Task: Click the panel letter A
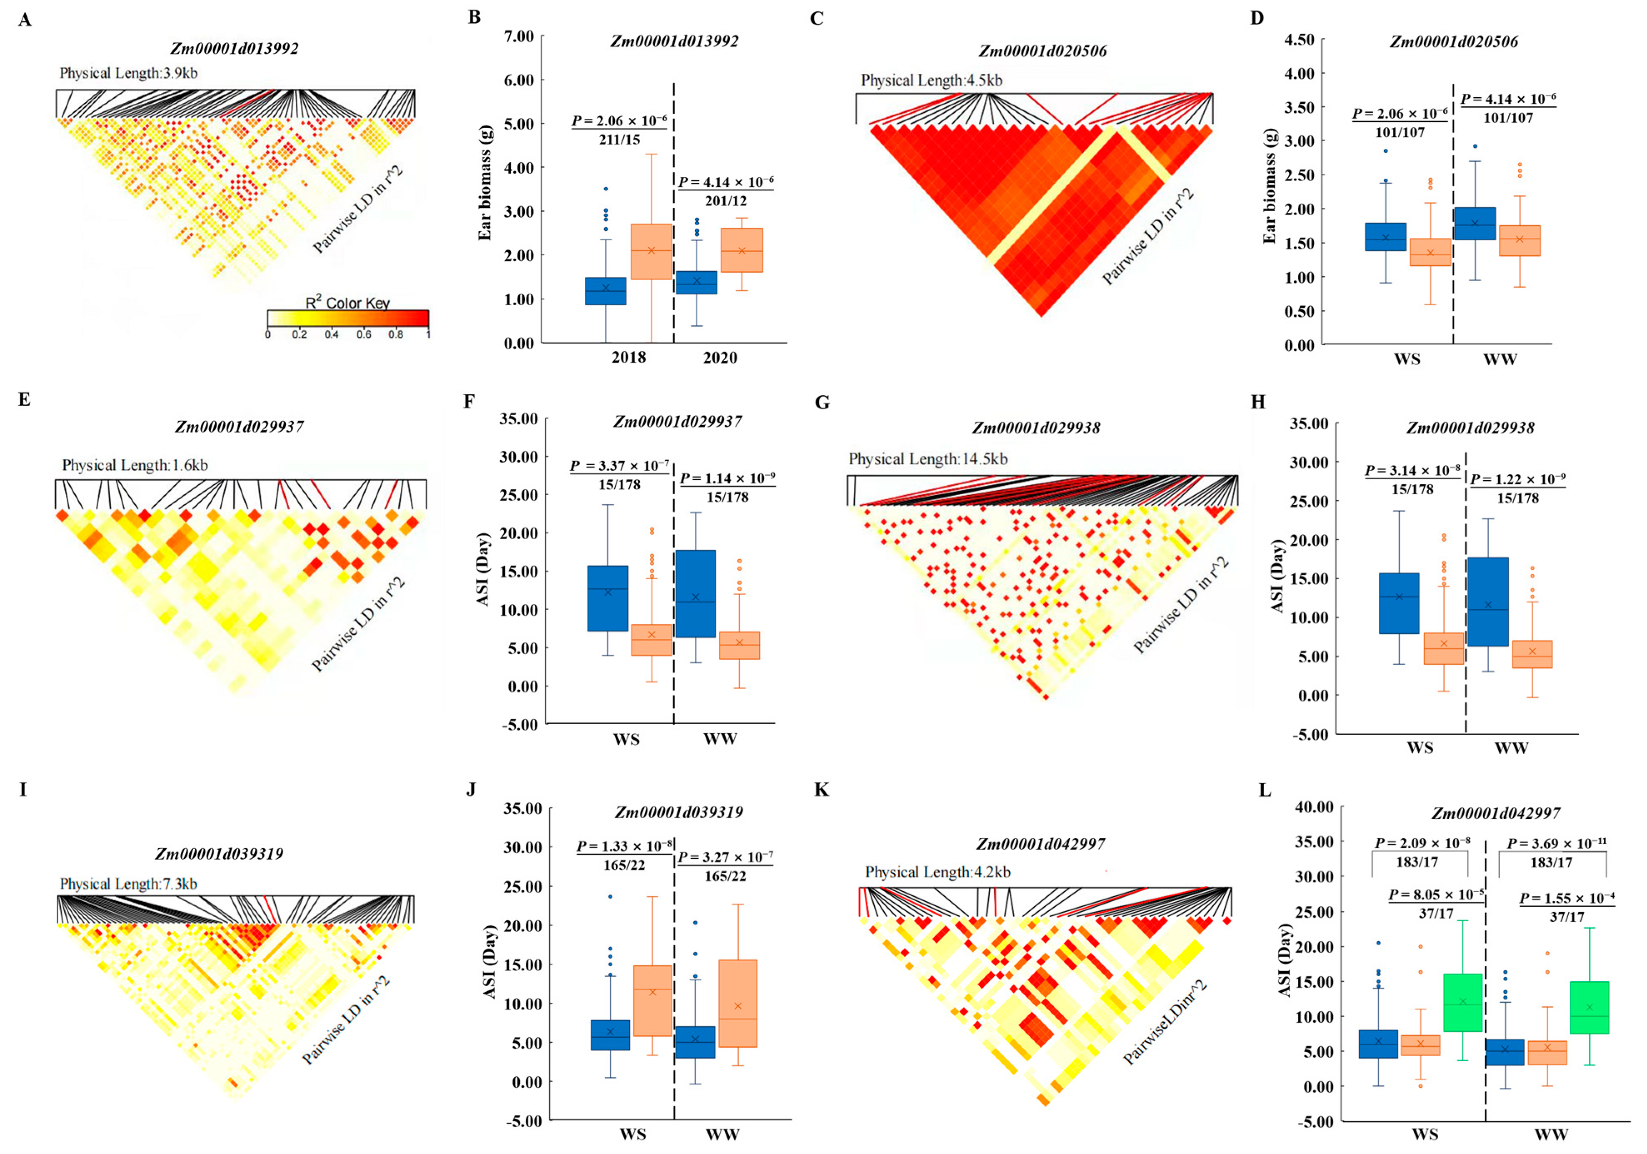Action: coord(25,20)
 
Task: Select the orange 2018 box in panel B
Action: coord(651,252)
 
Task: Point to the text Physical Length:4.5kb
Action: coord(931,80)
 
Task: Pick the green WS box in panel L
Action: coord(1462,1002)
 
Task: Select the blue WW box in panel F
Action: coord(695,594)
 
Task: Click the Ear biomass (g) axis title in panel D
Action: coord(1270,187)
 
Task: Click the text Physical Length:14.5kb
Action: coord(928,459)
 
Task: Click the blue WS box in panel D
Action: coord(1385,237)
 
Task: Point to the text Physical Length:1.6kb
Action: coord(135,466)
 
